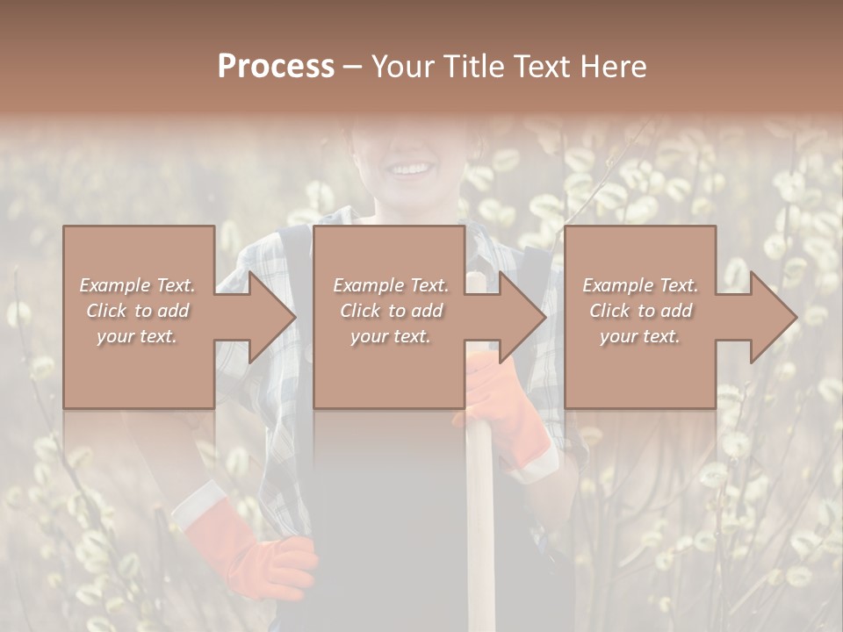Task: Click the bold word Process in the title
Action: click(276, 67)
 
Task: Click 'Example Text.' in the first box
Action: click(137, 285)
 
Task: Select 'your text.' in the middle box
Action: click(390, 336)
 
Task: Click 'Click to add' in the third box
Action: click(640, 311)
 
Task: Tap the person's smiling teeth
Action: click(410, 168)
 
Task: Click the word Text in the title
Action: click(543, 67)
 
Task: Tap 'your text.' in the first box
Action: click(137, 336)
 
